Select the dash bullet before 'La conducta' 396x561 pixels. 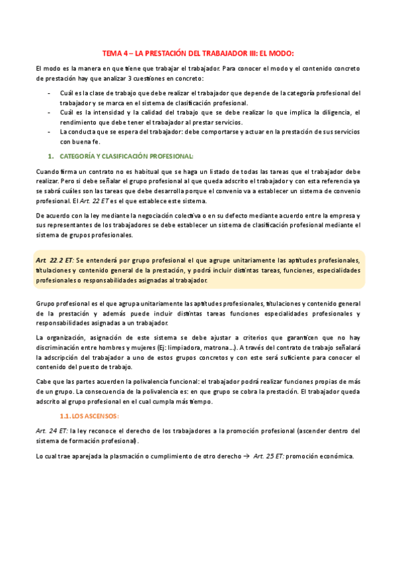pos(51,131)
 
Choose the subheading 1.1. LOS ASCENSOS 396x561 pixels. pos(89,415)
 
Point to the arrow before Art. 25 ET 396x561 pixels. pos(247,456)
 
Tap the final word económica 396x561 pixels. pos(335,456)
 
